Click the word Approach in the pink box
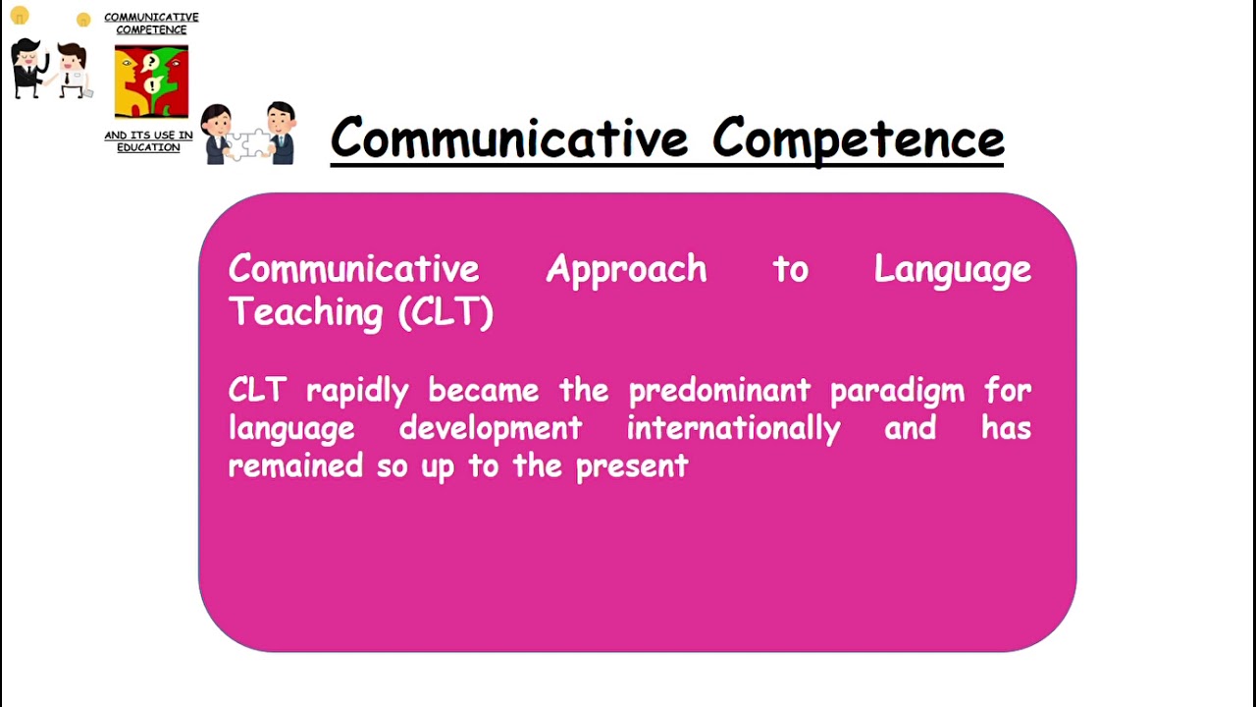pyautogui.click(x=626, y=270)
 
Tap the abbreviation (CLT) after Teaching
pyautogui.click(x=445, y=312)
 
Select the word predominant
pyautogui.click(x=719, y=391)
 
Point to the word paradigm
pyautogui.click(x=897, y=392)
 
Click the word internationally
pyautogui.click(x=733, y=429)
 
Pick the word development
pyautogui.click(x=491, y=429)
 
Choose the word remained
pyautogui.click(x=295, y=465)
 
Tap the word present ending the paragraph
pyautogui.click(x=631, y=466)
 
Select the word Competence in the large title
pyautogui.click(x=858, y=138)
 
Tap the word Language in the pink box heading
pyautogui.click(x=952, y=270)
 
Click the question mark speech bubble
pyautogui.click(x=151, y=63)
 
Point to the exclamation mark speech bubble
pyautogui.click(x=152, y=85)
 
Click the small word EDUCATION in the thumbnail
pyautogui.click(x=148, y=147)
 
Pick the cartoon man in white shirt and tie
pyautogui.click(x=71, y=70)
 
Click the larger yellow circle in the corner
pyautogui.click(x=20, y=15)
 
